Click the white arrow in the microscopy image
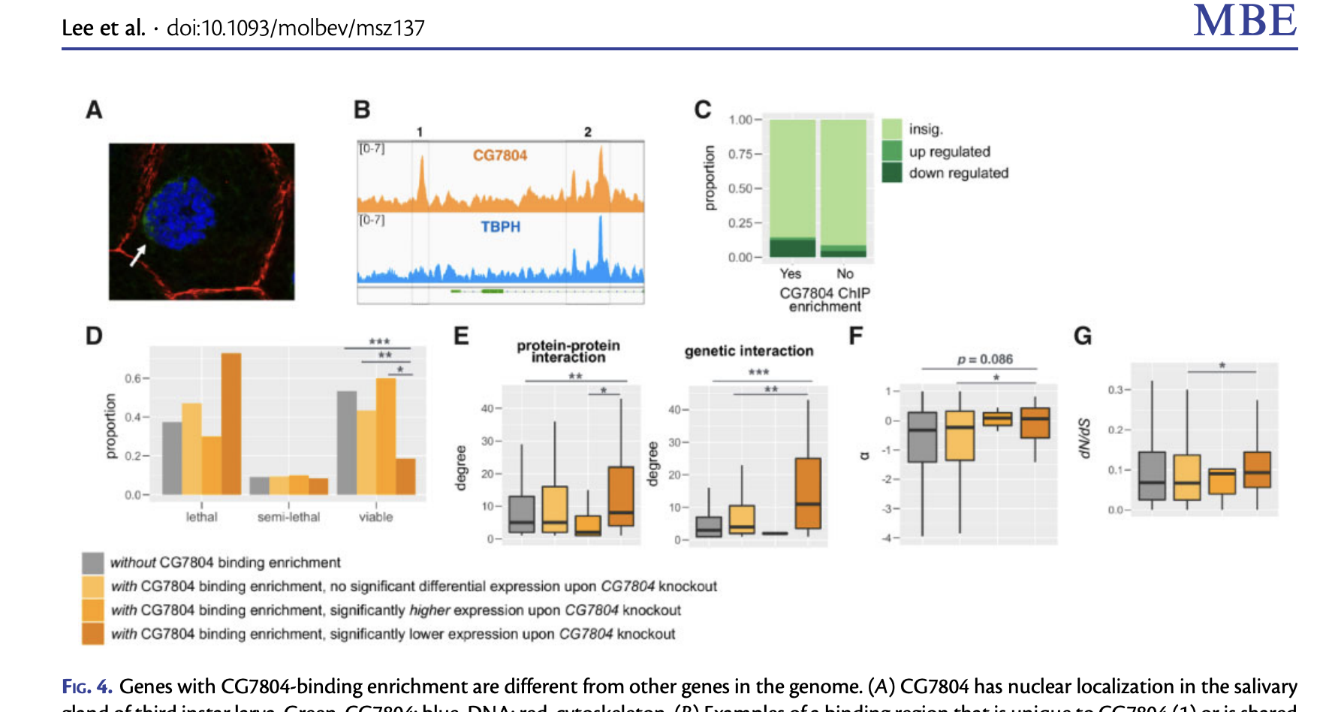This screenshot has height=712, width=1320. click(x=137, y=255)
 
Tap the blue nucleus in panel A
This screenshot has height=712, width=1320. click(x=181, y=213)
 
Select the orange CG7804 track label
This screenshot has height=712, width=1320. click(x=499, y=155)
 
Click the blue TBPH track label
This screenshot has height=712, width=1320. click(x=500, y=227)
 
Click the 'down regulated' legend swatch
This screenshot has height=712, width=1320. click(x=892, y=173)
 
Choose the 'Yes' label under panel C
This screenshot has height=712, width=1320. click(x=790, y=274)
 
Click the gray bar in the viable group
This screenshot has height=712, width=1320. click(x=347, y=442)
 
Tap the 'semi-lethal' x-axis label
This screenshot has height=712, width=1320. click(x=288, y=517)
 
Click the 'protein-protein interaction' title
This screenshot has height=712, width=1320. click(x=568, y=351)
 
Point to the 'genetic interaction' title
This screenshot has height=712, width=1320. click(x=749, y=351)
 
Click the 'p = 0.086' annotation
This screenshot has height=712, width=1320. click(x=985, y=359)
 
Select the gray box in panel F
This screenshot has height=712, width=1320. click(x=922, y=436)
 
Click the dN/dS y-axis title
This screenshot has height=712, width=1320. click(x=1083, y=438)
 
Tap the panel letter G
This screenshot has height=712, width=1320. click(x=1083, y=336)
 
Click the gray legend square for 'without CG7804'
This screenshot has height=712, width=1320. click(x=93, y=563)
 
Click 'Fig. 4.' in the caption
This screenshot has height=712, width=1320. click(x=87, y=686)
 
